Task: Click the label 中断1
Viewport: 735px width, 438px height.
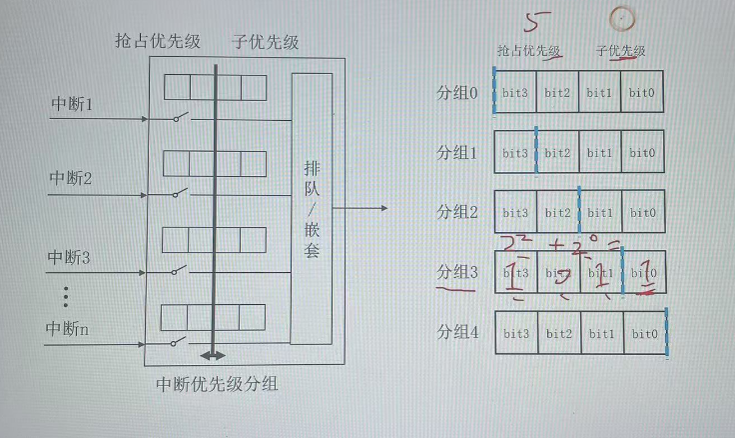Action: pos(71,102)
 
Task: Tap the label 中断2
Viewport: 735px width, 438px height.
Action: pos(71,178)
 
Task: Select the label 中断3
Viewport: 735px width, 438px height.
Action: pos(71,257)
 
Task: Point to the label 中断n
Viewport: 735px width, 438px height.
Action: pos(71,328)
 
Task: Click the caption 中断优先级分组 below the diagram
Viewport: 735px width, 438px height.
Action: pos(218,384)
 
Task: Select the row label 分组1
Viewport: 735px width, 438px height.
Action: pos(458,153)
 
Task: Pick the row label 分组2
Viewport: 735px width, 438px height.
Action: pos(458,212)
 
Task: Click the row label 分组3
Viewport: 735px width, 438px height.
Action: pos(458,272)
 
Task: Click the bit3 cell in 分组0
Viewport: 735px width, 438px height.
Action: pos(516,92)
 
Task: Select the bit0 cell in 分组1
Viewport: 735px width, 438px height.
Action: pos(641,153)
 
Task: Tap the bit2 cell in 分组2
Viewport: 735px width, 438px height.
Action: pos(558,212)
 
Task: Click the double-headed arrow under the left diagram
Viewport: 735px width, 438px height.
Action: pos(214,355)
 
